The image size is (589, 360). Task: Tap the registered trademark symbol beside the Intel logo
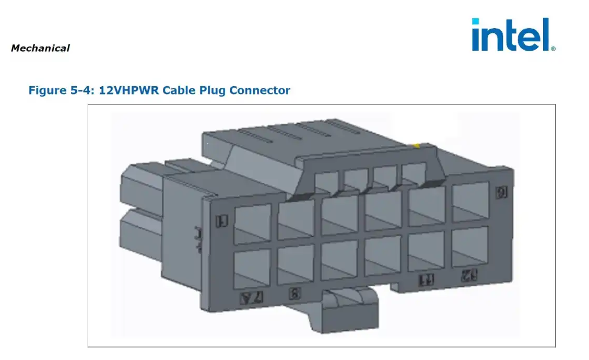tap(553, 49)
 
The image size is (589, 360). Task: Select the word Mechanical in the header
tap(40, 48)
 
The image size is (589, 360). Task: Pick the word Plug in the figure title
tap(213, 90)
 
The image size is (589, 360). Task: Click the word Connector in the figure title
tap(260, 90)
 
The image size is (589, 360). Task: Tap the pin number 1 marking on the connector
tap(222, 222)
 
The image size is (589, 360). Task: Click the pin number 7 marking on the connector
tap(251, 298)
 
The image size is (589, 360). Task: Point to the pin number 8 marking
tap(295, 294)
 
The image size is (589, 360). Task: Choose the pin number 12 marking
tap(467, 275)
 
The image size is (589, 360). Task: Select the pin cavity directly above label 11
tap(426, 251)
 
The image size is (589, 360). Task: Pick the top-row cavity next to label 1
tap(253, 224)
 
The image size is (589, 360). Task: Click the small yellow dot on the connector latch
tap(416, 145)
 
